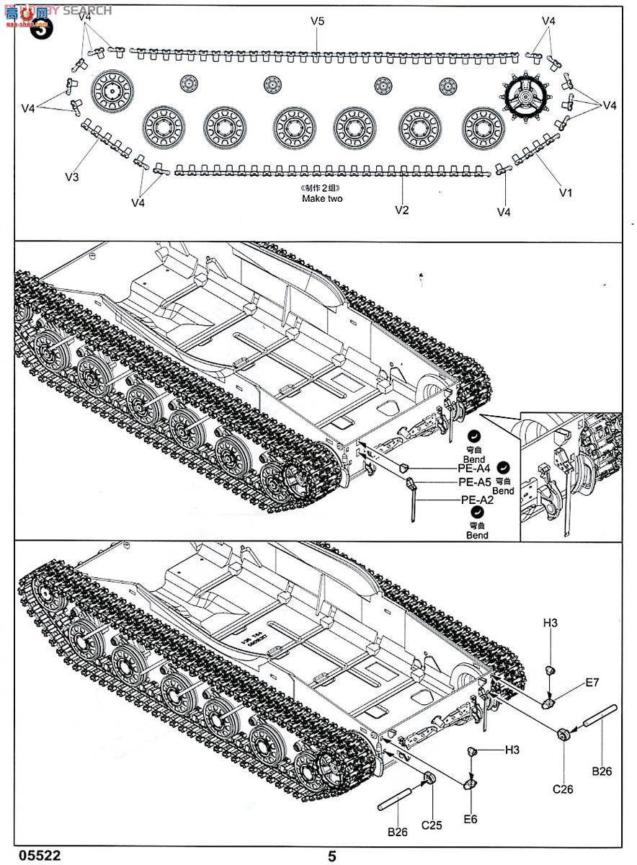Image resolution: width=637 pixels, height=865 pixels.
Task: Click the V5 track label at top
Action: point(318,21)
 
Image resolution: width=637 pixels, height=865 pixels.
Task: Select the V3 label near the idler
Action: point(72,177)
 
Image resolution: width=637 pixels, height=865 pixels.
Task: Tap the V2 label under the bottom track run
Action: point(402,210)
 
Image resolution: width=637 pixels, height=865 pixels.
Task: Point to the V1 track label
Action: point(566,192)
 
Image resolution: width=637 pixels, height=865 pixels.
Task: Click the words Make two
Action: point(322,198)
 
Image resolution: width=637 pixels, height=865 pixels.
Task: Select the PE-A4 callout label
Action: point(474,467)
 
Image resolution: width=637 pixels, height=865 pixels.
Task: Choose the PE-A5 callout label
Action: point(474,483)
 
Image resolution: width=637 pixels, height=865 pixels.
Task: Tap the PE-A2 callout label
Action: point(476,500)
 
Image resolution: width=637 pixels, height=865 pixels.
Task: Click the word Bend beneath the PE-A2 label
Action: point(477,536)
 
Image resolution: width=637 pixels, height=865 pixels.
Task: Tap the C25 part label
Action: point(432,824)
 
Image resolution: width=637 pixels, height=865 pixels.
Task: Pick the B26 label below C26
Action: point(602,771)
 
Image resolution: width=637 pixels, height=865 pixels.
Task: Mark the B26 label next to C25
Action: point(398,831)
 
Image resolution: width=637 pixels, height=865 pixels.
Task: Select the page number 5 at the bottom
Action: point(332,856)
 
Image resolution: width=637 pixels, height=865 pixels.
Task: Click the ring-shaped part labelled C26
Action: point(563,735)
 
